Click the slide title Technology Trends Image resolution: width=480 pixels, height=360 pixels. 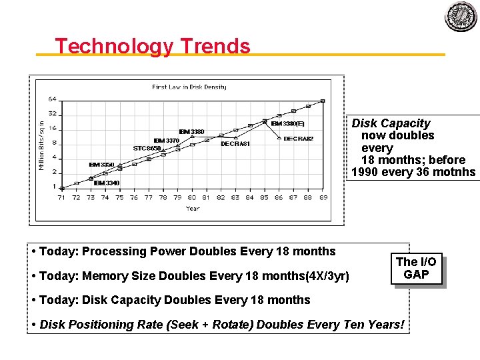[153, 47]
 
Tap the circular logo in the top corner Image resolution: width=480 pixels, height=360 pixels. [461, 17]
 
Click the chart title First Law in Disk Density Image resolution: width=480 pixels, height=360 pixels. [189, 87]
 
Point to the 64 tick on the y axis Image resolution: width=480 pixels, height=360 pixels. [52, 99]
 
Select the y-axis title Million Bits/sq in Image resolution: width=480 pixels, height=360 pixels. [42, 144]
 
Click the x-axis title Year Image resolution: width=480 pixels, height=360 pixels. [193, 209]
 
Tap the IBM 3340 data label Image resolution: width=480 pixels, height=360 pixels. [107, 183]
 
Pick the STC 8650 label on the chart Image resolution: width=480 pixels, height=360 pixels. [147, 148]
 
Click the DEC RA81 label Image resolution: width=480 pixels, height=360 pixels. [235, 144]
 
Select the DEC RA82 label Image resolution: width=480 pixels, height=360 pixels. [298, 139]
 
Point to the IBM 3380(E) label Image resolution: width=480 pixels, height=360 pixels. [287, 123]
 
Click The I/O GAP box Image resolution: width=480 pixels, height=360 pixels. [417, 268]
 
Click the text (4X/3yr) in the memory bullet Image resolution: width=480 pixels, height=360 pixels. [327, 275]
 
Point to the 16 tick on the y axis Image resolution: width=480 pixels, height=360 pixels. [53, 129]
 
